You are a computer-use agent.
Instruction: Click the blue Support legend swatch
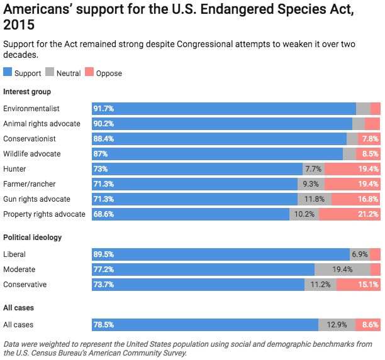(8, 73)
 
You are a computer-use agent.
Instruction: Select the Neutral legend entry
(68, 74)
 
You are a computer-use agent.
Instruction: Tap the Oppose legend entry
(109, 74)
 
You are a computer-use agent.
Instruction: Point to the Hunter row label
(14, 169)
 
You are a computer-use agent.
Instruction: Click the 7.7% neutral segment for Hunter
(313, 169)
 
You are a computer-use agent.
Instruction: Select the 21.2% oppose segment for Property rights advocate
(349, 214)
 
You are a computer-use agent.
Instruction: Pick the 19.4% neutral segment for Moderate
(342, 270)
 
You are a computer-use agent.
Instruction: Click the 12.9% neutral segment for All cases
(337, 325)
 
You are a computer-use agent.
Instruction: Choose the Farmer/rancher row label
(28, 184)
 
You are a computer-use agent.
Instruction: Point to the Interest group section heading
(27, 92)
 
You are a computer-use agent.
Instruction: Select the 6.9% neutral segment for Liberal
(359, 254)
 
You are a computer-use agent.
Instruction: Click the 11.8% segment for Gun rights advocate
(314, 199)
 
